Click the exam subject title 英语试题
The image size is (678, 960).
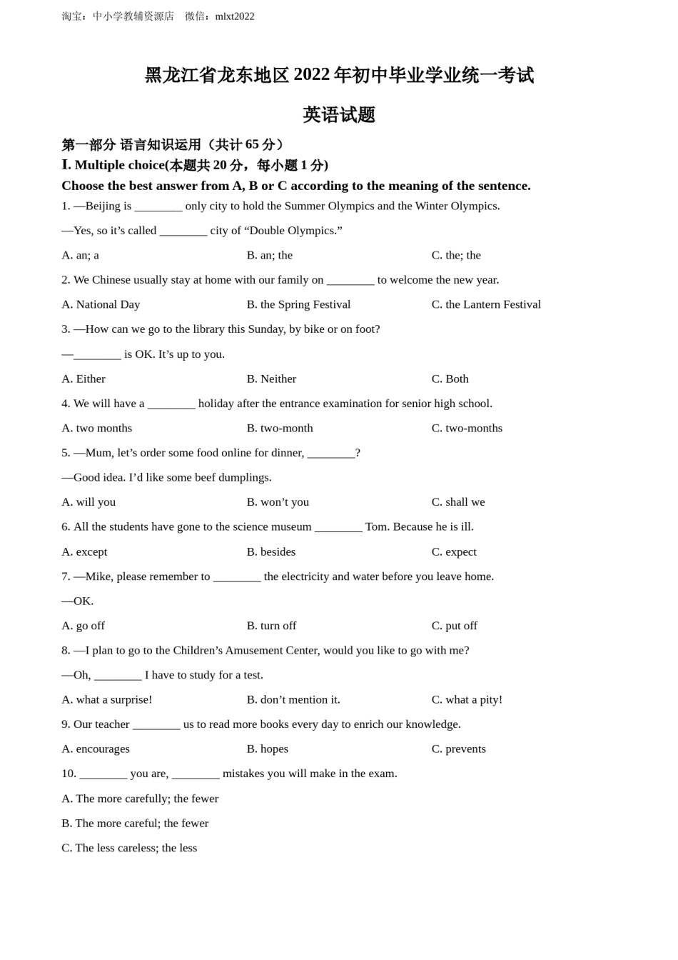tap(339, 115)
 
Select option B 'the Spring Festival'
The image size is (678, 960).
tap(298, 304)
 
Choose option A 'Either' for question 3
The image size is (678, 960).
tap(84, 379)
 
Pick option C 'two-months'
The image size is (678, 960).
tap(467, 428)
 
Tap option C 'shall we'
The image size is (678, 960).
tap(458, 502)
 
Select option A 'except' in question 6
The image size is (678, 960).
tap(84, 551)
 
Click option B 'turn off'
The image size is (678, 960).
tap(271, 626)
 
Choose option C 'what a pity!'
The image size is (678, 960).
tap(467, 699)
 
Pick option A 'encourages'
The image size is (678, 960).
tap(96, 749)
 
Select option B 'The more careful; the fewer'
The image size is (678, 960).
tap(135, 823)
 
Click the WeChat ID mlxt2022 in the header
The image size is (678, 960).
tap(235, 16)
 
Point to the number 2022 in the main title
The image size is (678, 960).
tap(311, 75)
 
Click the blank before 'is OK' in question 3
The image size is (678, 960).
tap(97, 354)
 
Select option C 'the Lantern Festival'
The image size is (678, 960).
tap(486, 304)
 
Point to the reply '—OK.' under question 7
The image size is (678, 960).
tap(78, 601)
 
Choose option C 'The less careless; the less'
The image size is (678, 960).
tap(129, 848)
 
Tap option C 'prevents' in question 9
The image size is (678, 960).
tap(458, 749)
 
